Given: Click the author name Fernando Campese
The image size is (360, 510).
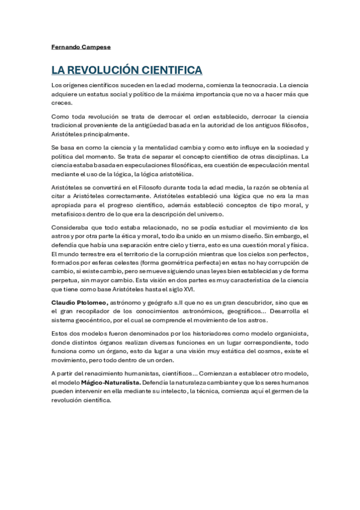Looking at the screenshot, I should pyautogui.click(x=77, y=46).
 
